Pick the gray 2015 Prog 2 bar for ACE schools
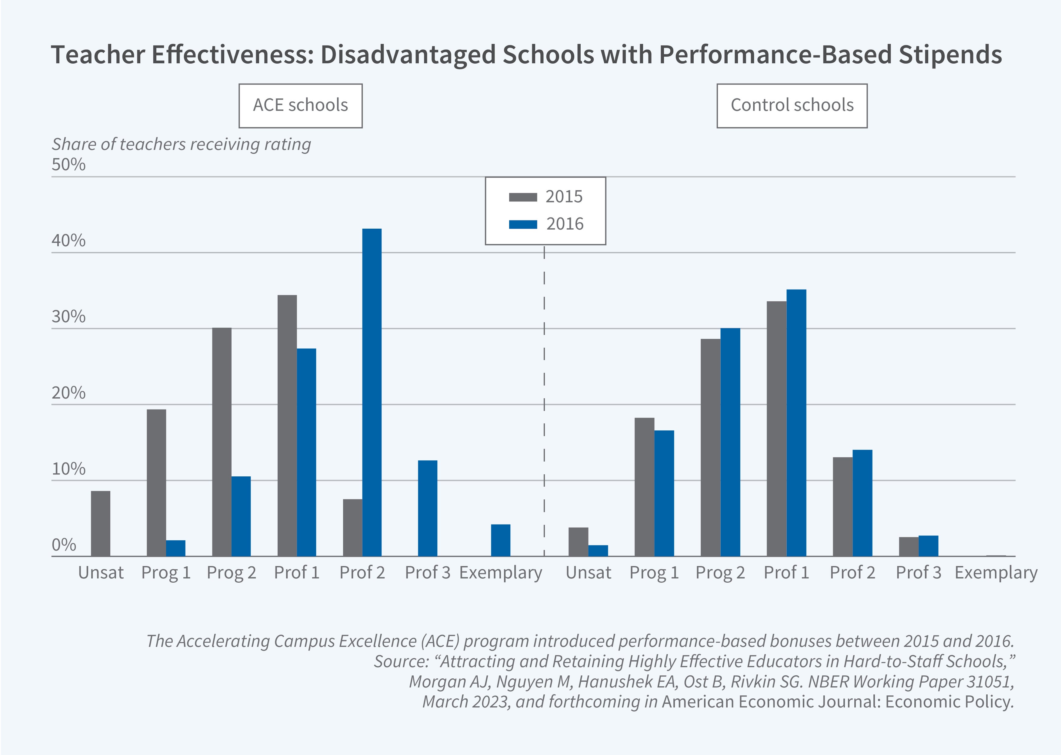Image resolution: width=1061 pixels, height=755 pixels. tap(222, 442)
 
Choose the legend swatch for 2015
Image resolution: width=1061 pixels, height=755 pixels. tap(523, 197)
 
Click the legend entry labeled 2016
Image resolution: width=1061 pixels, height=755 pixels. tap(564, 224)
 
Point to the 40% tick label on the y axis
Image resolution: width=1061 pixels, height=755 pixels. tap(68, 240)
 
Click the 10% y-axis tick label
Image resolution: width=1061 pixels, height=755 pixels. tap(68, 469)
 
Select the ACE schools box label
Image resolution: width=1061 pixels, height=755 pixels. tap(301, 105)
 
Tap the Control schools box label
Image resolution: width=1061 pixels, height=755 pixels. tap(792, 105)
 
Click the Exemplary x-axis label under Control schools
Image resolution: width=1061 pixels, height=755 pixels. tap(996, 572)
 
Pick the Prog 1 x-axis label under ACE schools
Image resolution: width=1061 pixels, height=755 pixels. tap(166, 572)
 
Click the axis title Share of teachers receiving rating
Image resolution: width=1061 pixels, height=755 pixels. tap(181, 144)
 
